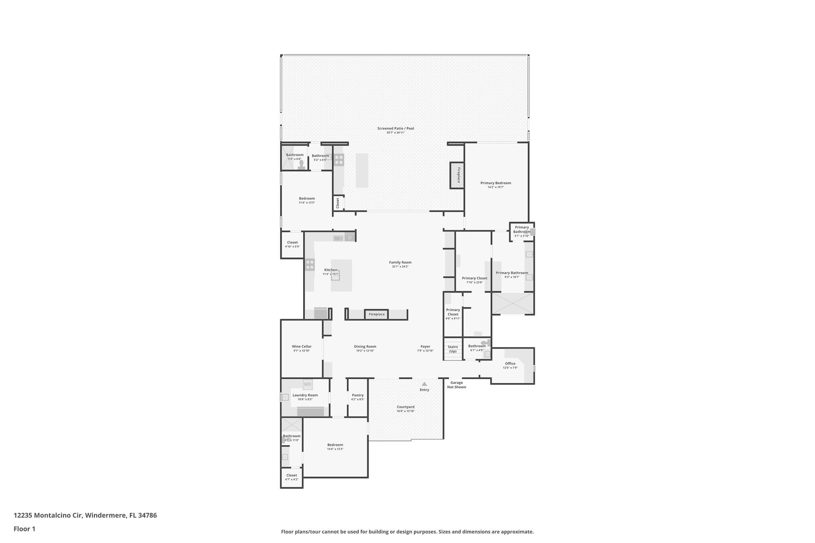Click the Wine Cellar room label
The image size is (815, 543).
[302, 346]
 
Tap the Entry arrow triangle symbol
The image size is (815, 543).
[424, 384]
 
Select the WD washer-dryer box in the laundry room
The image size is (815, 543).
[308, 384]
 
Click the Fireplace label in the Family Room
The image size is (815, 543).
[376, 314]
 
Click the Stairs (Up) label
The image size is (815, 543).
[453, 349]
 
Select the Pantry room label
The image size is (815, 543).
[358, 395]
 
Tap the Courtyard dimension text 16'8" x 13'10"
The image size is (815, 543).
[406, 411]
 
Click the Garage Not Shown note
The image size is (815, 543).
[456, 385]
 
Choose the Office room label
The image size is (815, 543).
[510, 363]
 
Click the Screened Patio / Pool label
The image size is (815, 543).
[396, 128]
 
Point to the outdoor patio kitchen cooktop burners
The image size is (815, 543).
[339, 160]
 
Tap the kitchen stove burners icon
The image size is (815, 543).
[310, 265]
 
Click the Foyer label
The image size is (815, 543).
[425, 346]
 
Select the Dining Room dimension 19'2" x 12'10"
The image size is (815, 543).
[365, 351]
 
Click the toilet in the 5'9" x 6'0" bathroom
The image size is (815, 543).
[301, 164]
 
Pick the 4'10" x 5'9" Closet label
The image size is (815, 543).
[292, 242]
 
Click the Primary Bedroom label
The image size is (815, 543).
[495, 183]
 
